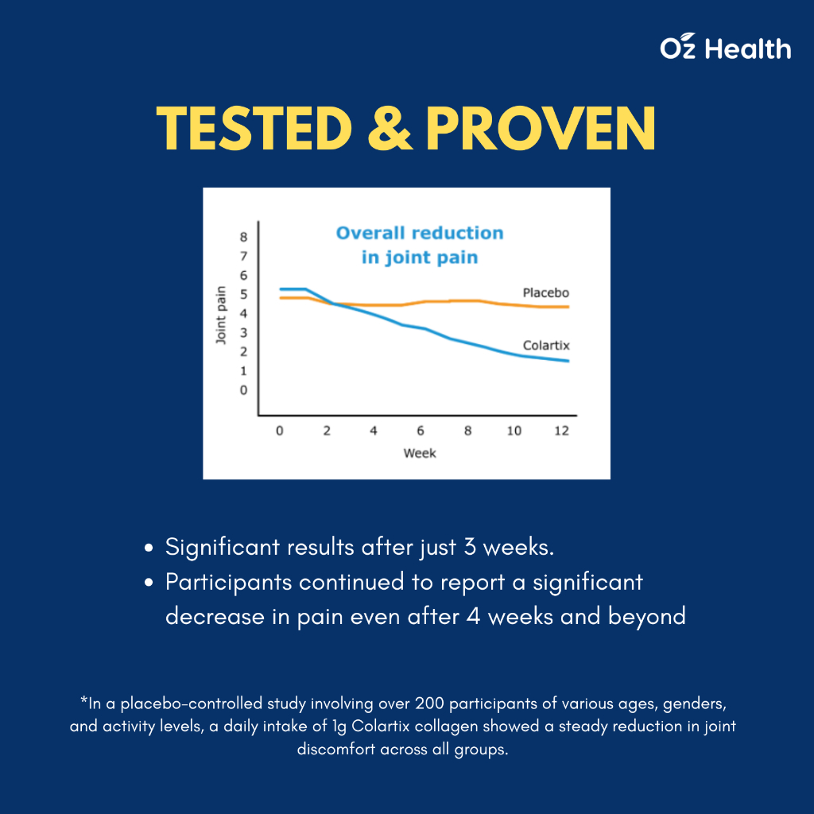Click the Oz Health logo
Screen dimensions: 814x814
click(x=725, y=48)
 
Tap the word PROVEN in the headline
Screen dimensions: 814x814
click(x=541, y=129)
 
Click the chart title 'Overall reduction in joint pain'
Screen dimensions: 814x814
click(x=420, y=245)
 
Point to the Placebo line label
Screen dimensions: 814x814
click(x=546, y=293)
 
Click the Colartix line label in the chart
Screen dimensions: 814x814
click(x=547, y=346)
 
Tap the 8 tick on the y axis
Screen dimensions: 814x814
click(x=243, y=237)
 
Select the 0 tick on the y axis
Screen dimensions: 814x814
click(x=243, y=390)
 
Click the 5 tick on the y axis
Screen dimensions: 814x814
click(x=243, y=294)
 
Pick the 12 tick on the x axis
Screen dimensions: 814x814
click(x=560, y=430)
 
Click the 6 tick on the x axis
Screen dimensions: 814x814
click(x=421, y=430)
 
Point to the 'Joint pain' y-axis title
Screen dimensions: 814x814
click(x=222, y=314)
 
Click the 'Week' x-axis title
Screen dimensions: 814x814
click(x=420, y=453)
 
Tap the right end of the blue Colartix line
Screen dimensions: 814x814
click(x=568, y=361)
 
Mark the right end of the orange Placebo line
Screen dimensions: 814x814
click(x=568, y=307)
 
